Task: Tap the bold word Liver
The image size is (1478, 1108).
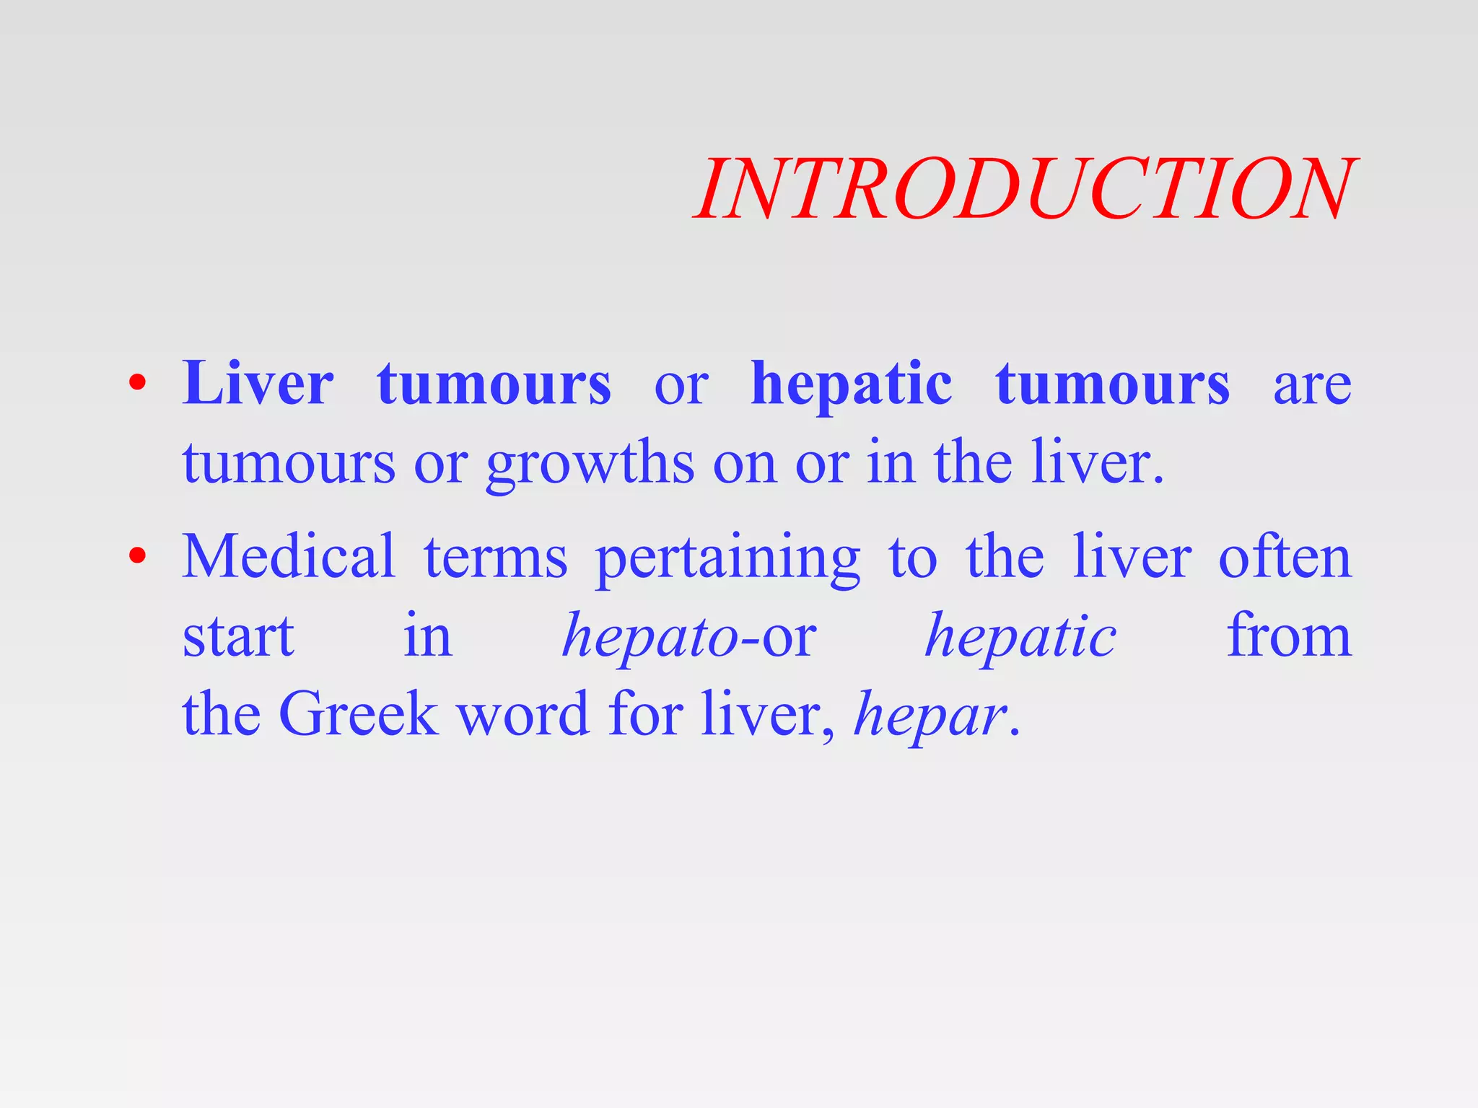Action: [258, 384]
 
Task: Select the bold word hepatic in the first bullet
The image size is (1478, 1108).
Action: [852, 385]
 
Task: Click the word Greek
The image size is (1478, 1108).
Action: [359, 714]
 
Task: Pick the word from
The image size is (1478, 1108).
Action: [1289, 636]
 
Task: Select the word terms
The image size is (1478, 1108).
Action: [495, 558]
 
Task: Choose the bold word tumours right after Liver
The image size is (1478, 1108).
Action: [494, 385]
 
